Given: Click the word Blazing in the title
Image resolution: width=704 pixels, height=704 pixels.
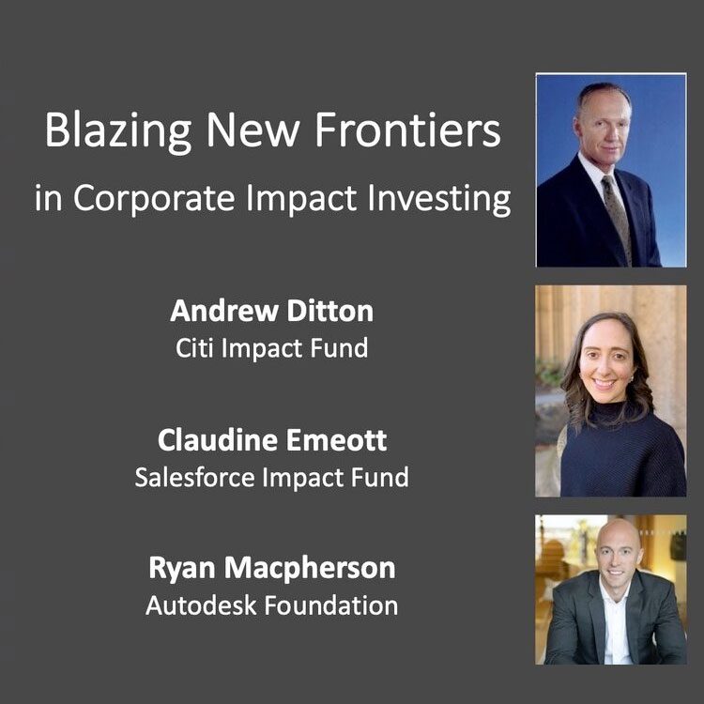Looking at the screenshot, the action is (118, 131).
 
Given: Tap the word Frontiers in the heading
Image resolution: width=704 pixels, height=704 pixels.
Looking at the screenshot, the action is (407, 130).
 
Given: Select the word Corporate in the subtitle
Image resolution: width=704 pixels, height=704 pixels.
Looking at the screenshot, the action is (154, 197).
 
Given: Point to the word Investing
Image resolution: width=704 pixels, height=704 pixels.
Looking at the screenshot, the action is (439, 198).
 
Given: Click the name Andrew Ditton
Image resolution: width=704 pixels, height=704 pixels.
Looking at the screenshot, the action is (271, 311).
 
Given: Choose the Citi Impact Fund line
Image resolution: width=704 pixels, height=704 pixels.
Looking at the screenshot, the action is (271, 348).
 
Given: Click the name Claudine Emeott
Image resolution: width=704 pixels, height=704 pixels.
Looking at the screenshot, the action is (272, 439).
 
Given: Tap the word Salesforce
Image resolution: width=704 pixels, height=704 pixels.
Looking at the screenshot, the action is (195, 477).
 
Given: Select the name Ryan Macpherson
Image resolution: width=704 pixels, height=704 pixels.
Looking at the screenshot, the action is (271, 569).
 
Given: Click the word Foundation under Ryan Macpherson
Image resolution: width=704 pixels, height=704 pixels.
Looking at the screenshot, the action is (331, 605).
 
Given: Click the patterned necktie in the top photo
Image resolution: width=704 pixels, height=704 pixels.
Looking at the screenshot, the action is (618, 216).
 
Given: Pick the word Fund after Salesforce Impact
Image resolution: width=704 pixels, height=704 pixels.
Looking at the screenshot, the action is (380, 477).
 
